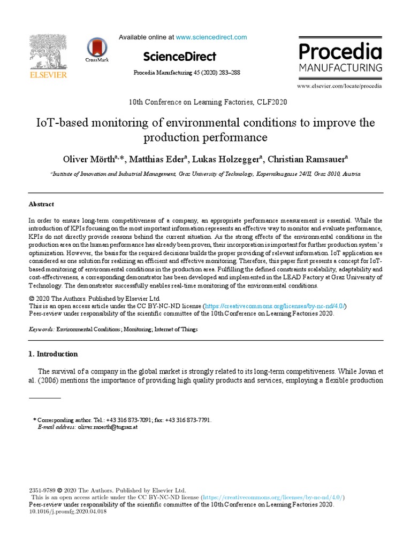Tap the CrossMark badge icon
96,47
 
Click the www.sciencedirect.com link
211,37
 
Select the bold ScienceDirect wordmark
180,56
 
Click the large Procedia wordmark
340,52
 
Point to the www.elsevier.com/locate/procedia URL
340,85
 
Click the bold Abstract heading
41,204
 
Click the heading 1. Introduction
53,354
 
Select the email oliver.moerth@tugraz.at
108,427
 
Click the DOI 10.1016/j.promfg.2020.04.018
68,511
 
